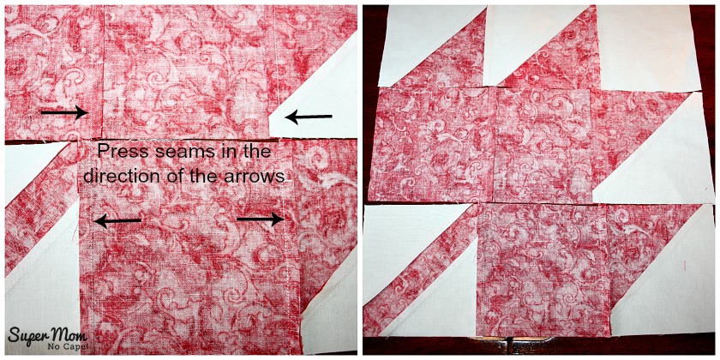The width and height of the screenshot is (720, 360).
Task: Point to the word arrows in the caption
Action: [x=258, y=177]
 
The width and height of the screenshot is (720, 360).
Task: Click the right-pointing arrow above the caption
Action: [x=65, y=112]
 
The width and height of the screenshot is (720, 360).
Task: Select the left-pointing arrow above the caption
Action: [x=309, y=117]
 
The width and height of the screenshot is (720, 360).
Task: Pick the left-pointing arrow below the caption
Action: [x=117, y=221]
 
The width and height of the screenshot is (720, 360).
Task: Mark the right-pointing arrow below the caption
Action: [x=260, y=219]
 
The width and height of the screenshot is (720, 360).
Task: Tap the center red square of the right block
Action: [x=542, y=145]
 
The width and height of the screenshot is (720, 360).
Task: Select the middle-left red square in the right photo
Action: [x=432, y=143]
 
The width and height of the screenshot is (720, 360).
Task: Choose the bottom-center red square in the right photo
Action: [x=543, y=269]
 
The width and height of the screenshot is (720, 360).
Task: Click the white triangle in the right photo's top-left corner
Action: [x=413, y=37]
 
